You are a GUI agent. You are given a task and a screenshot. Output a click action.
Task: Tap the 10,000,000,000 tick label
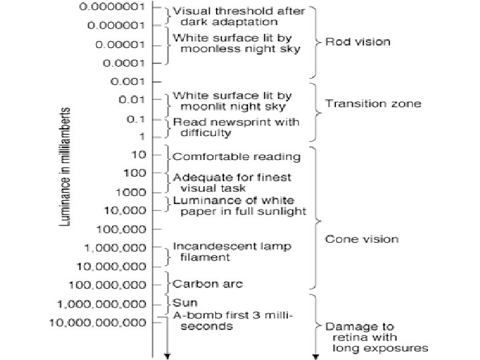click(98, 323)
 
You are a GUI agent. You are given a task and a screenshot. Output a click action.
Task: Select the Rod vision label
click(357, 42)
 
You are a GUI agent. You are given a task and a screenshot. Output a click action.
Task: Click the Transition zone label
click(373, 103)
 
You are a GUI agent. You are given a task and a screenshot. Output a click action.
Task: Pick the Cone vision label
click(361, 239)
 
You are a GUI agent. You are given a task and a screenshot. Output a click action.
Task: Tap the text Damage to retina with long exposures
click(375, 337)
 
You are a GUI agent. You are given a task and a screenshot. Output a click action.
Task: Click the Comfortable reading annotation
click(237, 157)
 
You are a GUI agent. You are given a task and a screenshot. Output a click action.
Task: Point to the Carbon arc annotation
click(208, 283)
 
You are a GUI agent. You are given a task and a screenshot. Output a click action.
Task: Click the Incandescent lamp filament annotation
click(232, 251)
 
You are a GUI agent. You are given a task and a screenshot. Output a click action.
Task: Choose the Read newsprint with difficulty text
click(236, 127)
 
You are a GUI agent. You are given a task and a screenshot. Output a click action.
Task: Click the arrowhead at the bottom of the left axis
click(167, 356)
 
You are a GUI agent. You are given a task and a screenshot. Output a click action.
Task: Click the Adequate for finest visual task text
click(232, 182)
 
